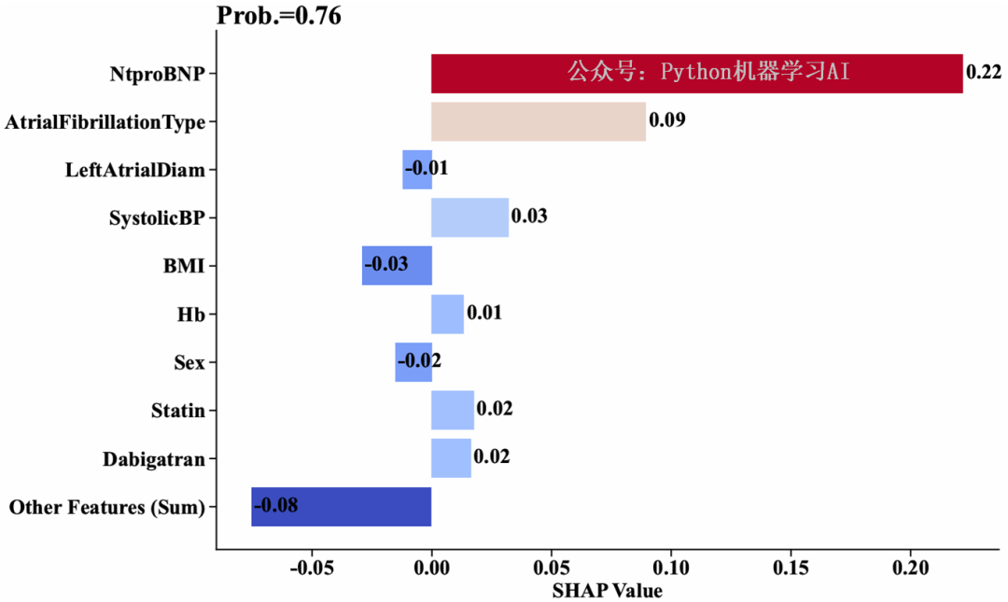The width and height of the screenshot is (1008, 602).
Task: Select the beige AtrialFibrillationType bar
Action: [538, 121]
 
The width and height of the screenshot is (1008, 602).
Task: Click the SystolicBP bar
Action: [469, 217]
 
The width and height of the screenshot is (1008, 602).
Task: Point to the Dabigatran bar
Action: [451, 458]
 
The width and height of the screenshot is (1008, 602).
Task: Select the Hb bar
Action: [447, 314]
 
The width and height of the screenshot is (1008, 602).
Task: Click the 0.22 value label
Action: [984, 72]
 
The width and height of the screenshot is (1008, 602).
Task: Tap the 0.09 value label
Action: [667, 120]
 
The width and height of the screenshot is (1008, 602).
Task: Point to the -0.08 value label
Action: [276, 506]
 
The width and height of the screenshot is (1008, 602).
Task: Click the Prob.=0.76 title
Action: [279, 15]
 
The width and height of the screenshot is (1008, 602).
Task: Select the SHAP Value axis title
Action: [607, 591]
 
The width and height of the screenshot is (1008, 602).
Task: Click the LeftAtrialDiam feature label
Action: [135, 170]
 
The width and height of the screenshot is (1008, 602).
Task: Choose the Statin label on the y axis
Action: [177, 411]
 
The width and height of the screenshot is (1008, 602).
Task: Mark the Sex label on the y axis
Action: [189, 362]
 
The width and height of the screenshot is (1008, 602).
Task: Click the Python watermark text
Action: [709, 73]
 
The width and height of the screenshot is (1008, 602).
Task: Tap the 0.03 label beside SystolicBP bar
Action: [529, 217]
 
